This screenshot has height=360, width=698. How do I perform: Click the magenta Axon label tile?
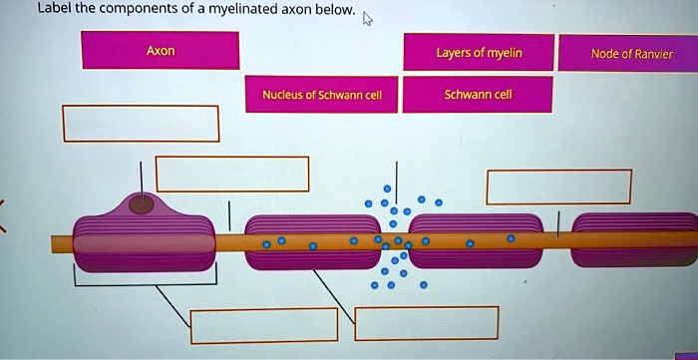point(161,51)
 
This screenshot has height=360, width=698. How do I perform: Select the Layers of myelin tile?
point(479,53)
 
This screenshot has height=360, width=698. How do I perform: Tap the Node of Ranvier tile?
point(631,54)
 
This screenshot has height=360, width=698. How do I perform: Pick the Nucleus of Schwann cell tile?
point(315,96)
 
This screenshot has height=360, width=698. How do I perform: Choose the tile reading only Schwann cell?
point(479,96)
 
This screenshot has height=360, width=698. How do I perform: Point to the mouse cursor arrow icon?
point(368,18)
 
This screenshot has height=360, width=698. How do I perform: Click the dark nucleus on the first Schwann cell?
point(143,205)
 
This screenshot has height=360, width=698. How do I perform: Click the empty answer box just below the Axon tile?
point(141,123)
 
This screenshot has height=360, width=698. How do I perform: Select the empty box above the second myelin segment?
point(231,174)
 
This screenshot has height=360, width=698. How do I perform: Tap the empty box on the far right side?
point(558,186)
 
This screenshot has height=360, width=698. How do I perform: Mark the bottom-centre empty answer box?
point(426,322)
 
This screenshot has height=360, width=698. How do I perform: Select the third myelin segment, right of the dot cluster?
point(476,240)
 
